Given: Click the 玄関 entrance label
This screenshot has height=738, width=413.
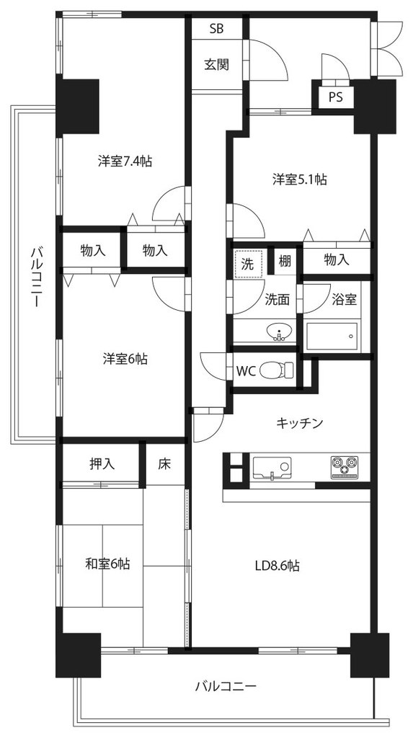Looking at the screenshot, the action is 217,64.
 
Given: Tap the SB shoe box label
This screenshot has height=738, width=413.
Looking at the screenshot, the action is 217,29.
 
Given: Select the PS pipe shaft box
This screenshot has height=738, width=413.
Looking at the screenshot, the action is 335,98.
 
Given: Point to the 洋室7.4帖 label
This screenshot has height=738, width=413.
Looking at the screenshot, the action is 125,161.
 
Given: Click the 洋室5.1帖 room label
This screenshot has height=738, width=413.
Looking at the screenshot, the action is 300,179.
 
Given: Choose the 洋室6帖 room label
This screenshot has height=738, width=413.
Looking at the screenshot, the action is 125,359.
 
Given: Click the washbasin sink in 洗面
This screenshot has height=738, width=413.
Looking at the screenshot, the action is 280,332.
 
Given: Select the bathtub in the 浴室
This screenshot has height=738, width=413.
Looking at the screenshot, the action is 332,337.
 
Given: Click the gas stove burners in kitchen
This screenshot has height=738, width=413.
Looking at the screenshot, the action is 345,467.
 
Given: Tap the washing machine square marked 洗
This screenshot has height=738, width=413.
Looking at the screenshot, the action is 247,264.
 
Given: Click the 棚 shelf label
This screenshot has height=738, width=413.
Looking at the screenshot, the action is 285,260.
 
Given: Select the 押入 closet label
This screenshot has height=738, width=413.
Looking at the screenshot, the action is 102,464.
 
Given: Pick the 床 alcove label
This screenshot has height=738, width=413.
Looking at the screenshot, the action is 164,464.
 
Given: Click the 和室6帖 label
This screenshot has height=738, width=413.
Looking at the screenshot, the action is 108,563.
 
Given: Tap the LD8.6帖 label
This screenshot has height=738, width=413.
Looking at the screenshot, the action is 277,565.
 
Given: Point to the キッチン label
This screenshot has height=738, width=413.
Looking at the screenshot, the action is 300,422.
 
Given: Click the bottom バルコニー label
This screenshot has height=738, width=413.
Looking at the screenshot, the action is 226,685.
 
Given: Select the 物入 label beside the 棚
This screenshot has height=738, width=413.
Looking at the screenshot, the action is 337,259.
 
